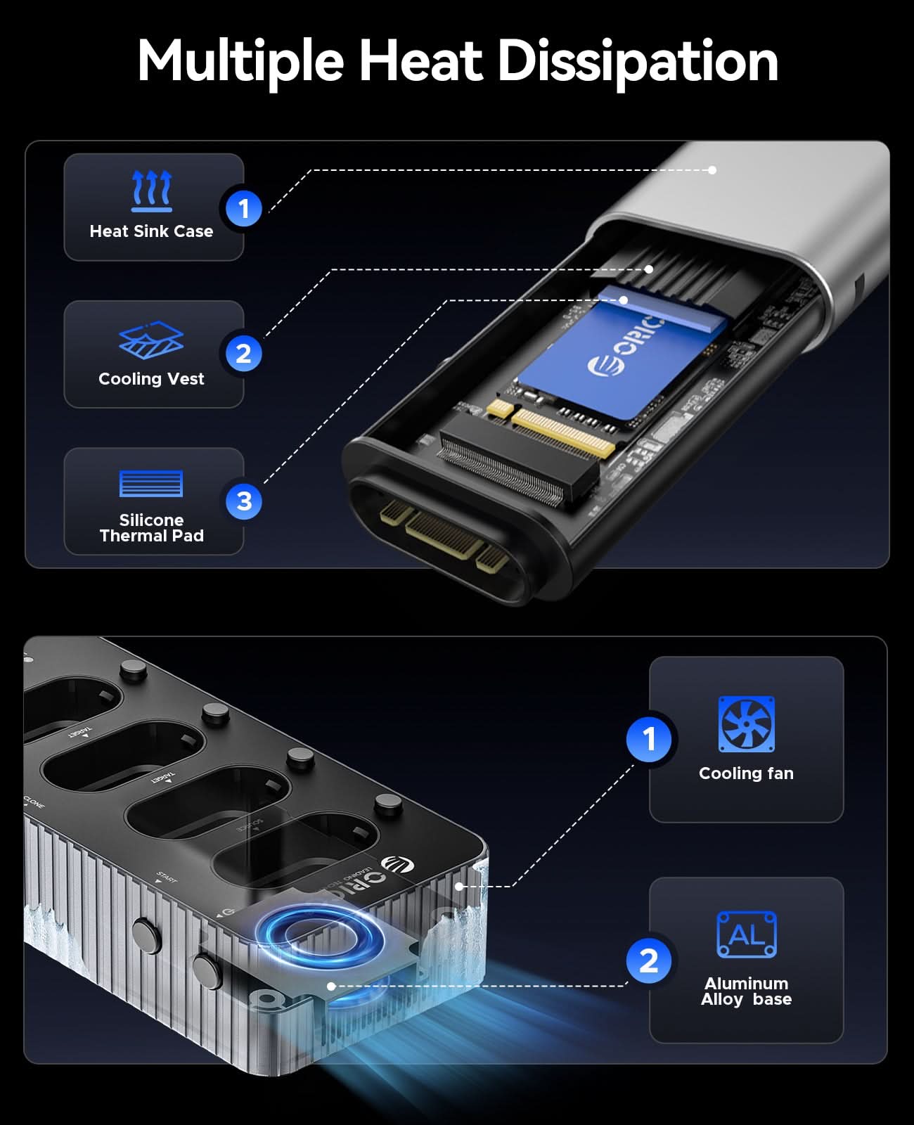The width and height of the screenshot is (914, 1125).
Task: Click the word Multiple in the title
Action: pyautogui.click(x=240, y=61)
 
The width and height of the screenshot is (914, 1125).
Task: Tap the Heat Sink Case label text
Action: pyautogui.click(x=151, y=231)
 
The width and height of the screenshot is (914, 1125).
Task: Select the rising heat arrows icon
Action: pyautogui.click(x=152, y=191)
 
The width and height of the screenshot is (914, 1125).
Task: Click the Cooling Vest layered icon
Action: pyautogui.click(x=151, y=340)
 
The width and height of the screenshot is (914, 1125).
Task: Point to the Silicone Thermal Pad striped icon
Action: pyautogui.click(x=151, y=484)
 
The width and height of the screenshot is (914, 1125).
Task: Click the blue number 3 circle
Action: pyautogui.click(x=243, y=501)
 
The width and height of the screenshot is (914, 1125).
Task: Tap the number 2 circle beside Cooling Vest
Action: pyautogui.click(x=243, y=353)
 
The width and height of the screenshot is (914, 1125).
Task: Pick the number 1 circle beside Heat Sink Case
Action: pyautogui.click(x=243, y=208)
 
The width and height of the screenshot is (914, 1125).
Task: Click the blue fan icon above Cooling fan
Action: pyautogui.click(x=746, y=724)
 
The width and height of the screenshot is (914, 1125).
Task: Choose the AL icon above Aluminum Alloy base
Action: pyautogui.click(x=746, y=934)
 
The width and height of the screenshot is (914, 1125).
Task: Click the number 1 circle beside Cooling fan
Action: pyautogui.click(x=649, y=739)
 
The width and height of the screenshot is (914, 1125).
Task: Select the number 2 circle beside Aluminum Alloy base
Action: pyautogui.click(x=649, y=960)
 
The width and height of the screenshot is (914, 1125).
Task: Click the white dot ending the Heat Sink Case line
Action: pyautogui.click(x=712, y=170)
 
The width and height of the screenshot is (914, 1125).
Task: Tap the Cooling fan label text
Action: pyautogui.click(x=746, y=773)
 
